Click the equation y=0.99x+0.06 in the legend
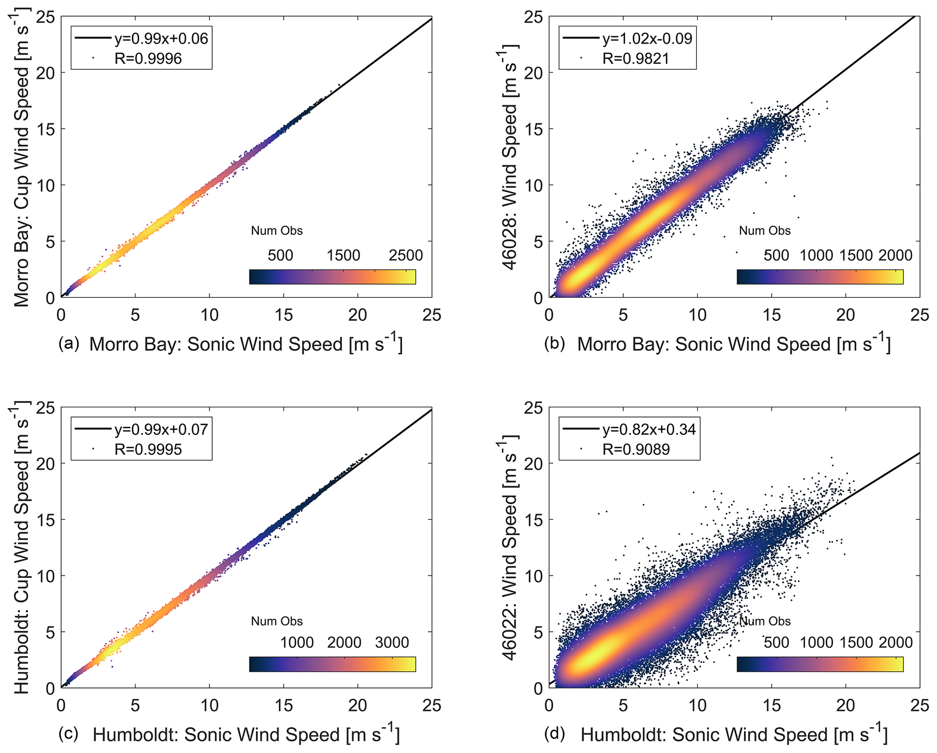(x=161, y=39)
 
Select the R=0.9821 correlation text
(x=636, y=58)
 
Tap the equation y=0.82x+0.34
(x=649, y=429)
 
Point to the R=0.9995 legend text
(x=148, y=449)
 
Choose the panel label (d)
(x=554, y=734)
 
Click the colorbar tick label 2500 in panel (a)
(x=405, y=255)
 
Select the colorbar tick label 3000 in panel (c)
(x=392, y=642)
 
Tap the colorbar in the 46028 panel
(x=820, y=277)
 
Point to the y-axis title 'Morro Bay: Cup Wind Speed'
(x=22, y=161)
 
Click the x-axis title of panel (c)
(x=246, y=734)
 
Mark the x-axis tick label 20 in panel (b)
(x=845, y=315)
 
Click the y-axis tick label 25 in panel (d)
(x=533, y=408)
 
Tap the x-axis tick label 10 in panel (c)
(x=209, y=705)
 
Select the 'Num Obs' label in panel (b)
(x=764, y=231)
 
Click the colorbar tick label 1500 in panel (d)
(x=855, y=642)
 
